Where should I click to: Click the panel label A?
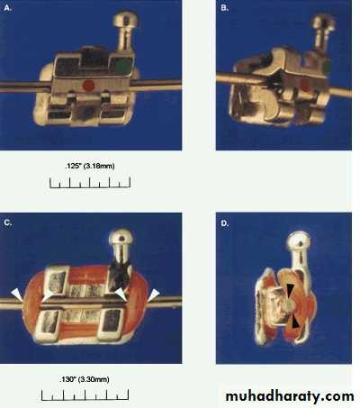pos(8,8)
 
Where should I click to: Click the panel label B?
pos(224,8)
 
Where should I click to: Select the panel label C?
pos(8,222)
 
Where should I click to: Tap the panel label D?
pos(225,223)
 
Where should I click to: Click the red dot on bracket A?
pos(89,86)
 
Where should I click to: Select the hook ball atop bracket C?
pos(121,237)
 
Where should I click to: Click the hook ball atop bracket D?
pos(299,240)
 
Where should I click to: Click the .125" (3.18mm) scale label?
pos(89,166)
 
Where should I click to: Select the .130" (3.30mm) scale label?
pos(85,379)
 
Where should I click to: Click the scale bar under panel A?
pos(90,183)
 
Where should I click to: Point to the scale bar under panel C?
pos(85,395)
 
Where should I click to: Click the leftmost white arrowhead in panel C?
pos(17,295)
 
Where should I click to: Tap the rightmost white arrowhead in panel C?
pos(153,295)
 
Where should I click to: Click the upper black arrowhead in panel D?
pos(291,291)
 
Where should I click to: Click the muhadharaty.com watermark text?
pos(290,396)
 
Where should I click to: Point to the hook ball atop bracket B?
pos(324,23)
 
